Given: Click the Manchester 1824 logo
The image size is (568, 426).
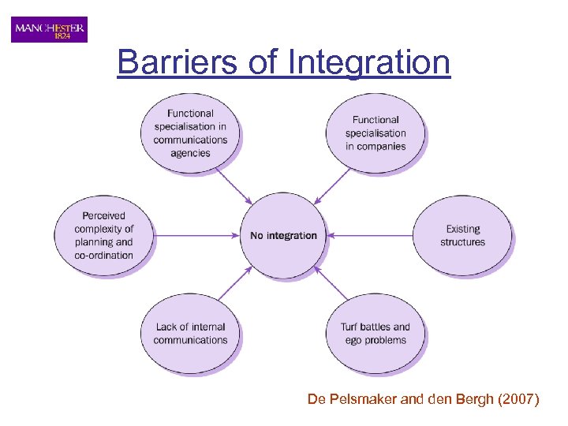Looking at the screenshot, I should (49, 30).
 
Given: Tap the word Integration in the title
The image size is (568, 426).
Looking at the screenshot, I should (369, 62).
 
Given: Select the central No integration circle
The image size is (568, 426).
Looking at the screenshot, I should (283, 236).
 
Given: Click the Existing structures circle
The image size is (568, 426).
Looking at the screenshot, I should (462, 235).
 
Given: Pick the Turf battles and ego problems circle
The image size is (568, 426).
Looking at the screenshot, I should (376, 334).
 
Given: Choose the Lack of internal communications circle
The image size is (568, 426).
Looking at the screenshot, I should (191, 334).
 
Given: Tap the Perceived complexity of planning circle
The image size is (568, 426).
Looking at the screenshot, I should (104, 235).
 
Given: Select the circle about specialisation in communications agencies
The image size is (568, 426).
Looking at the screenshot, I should (190, 133).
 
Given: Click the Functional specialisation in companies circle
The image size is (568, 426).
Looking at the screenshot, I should (376, 133).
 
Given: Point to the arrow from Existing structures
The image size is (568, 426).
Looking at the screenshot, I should (371, 235).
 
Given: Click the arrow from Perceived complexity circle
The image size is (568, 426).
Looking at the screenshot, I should (197, 235).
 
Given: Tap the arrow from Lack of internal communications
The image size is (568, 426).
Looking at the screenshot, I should (236, 282).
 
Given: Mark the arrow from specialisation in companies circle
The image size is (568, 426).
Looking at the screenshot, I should (332, 186).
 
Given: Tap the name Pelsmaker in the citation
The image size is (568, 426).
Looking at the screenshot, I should (364, 401).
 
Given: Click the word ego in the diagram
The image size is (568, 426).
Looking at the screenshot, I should (355, 341).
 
